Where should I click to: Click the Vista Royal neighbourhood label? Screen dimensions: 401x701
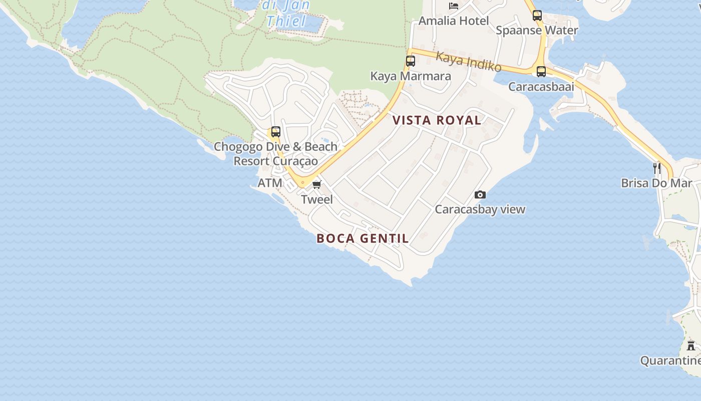[437, 120]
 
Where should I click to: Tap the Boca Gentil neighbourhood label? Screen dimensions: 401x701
[363, 239]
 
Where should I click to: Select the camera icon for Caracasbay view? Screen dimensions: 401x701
[480, 194]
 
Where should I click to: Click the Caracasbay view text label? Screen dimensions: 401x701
[480, 210]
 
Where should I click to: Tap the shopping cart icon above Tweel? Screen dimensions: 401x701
[316, 185]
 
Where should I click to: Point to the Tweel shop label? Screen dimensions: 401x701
[317, 199]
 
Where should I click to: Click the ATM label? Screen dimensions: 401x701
[270, 183]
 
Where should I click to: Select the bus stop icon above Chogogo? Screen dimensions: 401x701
[275, 132]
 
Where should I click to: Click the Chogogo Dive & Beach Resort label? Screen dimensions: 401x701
[275, 154]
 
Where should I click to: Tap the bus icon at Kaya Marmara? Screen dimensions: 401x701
[410, 61]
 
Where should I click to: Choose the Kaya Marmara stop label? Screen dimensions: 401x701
[411, 76]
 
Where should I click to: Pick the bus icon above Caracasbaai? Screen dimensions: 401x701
[541, 71]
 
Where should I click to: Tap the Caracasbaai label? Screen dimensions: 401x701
[541, 87]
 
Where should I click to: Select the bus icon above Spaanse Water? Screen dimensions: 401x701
[537, 15]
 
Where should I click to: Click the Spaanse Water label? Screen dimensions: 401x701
[537, 30]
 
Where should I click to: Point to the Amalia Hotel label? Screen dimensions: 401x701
[454, 21]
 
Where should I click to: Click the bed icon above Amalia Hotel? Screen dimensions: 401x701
[454, 6]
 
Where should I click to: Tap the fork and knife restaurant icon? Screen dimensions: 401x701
[656, 168]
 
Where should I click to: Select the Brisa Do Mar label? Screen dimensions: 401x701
[656, 183]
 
